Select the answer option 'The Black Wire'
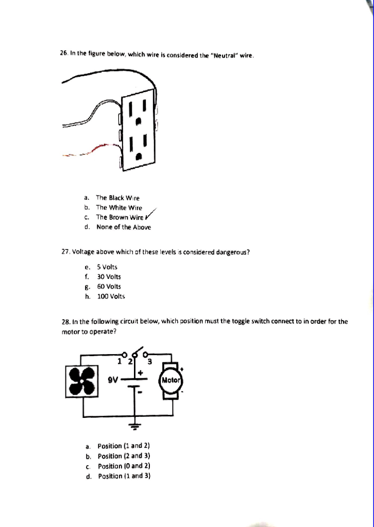[117, 198]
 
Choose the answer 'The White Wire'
[119, 207]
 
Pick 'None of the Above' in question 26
[124, 227]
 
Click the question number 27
[65, 252]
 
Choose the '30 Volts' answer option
[109, 276]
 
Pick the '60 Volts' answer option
[109, 286]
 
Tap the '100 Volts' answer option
[111, 296]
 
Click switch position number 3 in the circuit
[150, 361]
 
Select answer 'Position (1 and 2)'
[123, 446]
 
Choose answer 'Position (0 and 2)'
[123, 466]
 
